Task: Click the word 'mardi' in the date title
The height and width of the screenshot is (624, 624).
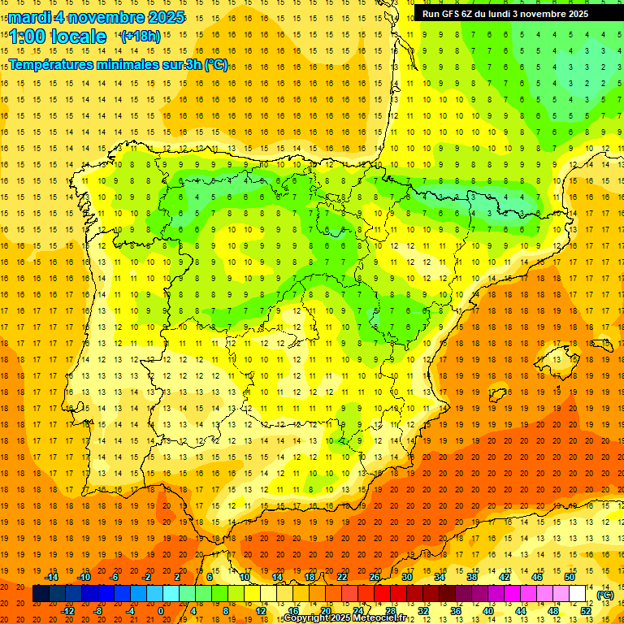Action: (30, 17)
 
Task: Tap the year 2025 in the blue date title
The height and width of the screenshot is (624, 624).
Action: (163, 17)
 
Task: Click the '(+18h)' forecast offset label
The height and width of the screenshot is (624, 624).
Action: (141, 37)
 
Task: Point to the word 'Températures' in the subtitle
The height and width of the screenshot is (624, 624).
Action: (54, 65)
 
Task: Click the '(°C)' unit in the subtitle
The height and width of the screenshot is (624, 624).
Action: (216, 65)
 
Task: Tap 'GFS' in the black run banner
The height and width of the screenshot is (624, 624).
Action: (451, 14)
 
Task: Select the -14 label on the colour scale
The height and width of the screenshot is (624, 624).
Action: (53, 577)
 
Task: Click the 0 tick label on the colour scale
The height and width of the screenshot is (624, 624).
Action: (161, 611)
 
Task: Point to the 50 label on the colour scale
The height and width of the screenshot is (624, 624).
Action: (570, 577)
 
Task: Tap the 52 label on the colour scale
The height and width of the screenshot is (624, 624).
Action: (586, 611)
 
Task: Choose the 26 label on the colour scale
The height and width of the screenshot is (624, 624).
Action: (375, 577)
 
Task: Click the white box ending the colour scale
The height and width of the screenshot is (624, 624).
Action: (578, 594)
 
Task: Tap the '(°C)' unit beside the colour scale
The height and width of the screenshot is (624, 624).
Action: (605, 595)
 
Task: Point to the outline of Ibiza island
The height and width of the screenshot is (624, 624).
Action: (496, 396)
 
